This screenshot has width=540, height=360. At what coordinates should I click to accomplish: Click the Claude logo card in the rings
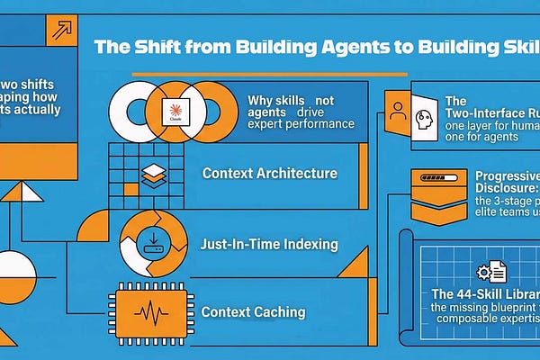(x=175, y=113)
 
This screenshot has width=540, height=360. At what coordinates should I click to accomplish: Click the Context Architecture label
(x=269, y=173)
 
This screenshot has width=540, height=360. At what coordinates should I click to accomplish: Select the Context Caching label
(x=253, y=313)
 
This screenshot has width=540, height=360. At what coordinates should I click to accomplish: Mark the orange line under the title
(x=270, y=75)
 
